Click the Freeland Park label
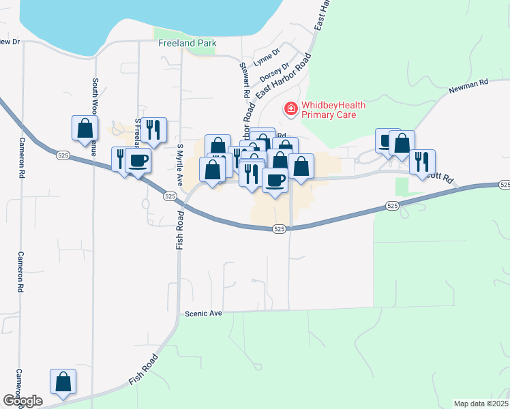tap(187, 43)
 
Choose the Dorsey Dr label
tap(275, 71)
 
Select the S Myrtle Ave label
tap(181, 165)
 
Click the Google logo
tap(23, 401)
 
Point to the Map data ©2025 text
tap(480, 404)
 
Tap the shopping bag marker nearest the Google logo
tap(63, 382)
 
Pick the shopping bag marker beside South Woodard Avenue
tap(85, 127)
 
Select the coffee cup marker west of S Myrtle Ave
tap(138, 161)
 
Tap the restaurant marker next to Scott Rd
tap(423, 162)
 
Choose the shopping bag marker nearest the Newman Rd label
tap(402, 143)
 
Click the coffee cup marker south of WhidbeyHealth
tap(275, 180)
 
